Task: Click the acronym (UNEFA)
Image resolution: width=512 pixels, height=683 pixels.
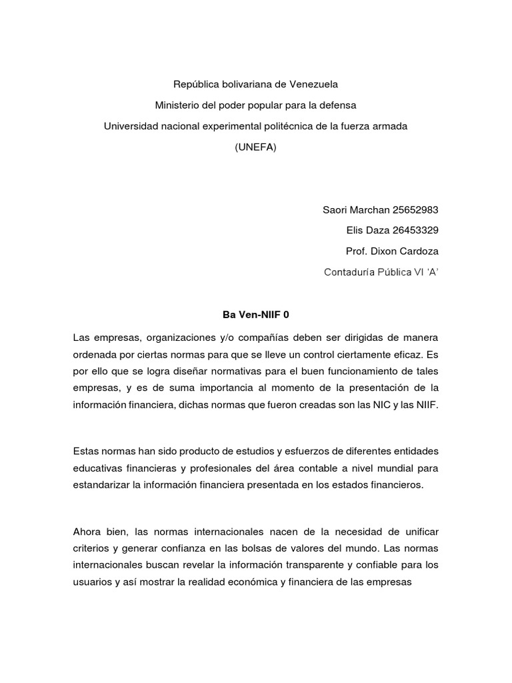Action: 255,147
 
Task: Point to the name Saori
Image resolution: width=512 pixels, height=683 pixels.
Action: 336,210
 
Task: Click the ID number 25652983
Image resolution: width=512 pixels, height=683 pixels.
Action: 416,210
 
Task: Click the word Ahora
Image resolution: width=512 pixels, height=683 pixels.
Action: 88,531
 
